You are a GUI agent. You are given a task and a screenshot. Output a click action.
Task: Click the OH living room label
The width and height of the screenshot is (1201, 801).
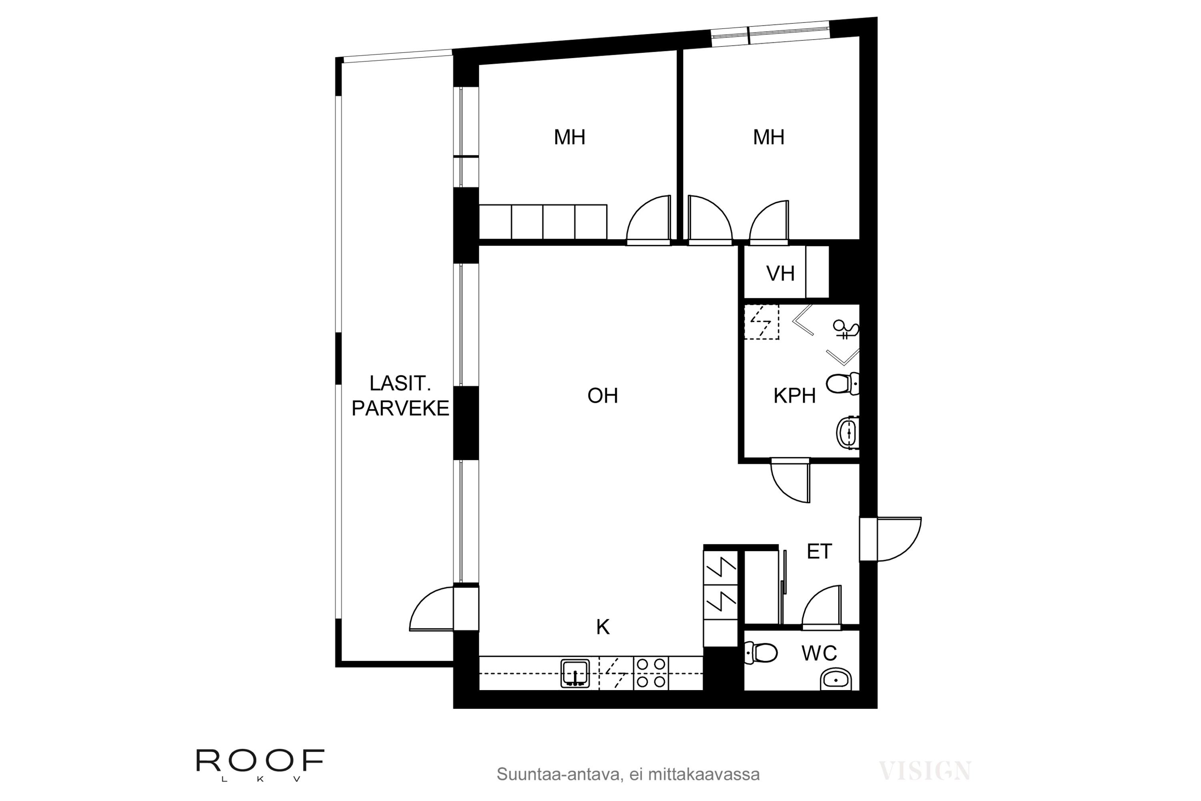pyautogui.click(x=603, y=396)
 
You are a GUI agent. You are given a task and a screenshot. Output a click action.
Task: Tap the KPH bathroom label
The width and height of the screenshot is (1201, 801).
pyautogui.click(x=795, y=396)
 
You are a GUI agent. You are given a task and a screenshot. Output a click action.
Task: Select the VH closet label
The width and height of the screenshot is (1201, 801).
pyautogui.click(x=780, y=274)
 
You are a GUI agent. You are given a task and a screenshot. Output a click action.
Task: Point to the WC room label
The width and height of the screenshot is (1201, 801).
pyautogui.click(x=819, y=653)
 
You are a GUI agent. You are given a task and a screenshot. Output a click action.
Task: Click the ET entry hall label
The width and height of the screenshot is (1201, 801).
pyautogui.click(x=819, y=552)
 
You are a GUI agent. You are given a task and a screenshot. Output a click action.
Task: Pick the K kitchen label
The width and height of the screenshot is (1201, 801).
pyautogui.click(x=603, y=627)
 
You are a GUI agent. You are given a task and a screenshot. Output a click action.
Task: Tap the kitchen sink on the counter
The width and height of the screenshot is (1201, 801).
pyautogui.click(x=575, y=673)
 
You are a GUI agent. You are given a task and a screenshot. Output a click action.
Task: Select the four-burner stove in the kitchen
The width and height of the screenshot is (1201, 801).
pyautogui.click(x=651, y=673)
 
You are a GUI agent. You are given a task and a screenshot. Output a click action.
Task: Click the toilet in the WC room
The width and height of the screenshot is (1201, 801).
pyautogui.click(x=761, y=653)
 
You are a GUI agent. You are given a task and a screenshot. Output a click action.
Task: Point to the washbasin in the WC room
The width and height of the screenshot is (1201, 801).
pyautogui.click(x=836, y=679)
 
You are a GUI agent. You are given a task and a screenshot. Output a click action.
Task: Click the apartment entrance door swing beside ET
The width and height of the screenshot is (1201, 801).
pyautogui.click(x=899, y=539)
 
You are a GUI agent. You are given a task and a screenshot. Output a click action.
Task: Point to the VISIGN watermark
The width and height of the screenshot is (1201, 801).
pyautogui.click(x=925, y=771)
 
